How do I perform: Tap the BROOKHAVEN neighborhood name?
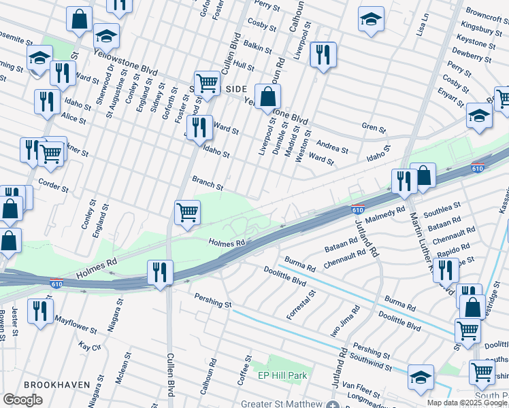(x=56, y=384)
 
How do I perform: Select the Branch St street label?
(x=208, y=182)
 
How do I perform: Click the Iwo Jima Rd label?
(x=342, y=318)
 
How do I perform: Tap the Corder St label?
(x=54, y=186)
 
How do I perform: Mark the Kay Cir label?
(x=89, y=346)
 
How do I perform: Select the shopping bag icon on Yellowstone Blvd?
(x=267, y=96)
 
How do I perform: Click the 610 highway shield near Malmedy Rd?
(x=357, y=210)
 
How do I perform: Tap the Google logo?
(x=23, y=400)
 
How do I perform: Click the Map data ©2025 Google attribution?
(x=467, y=403)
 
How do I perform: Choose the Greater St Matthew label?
(x=280, y=404)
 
